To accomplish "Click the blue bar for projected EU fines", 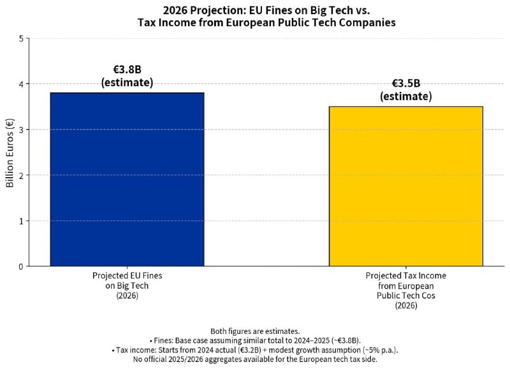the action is pos(127,180).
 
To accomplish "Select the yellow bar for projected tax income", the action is pos(406,186).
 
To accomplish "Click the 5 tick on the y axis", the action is pos(21,39).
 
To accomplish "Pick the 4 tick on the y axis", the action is pos(21,84).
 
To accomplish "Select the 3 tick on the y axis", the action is pos(21,130).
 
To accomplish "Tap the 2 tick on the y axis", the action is pos(21,175).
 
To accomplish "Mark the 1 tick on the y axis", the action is pos(21,221).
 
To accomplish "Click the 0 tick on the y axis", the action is pos(21,266).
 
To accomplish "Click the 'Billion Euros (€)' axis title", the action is pos(10,152).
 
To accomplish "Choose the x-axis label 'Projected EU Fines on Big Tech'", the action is pos(127,280).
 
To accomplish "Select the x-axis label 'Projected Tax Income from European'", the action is pos(406,280).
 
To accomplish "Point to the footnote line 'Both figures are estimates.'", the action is pos(255,331).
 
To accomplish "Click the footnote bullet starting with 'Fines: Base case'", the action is pos(255,341).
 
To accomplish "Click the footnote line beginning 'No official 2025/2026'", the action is pos(255,359).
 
